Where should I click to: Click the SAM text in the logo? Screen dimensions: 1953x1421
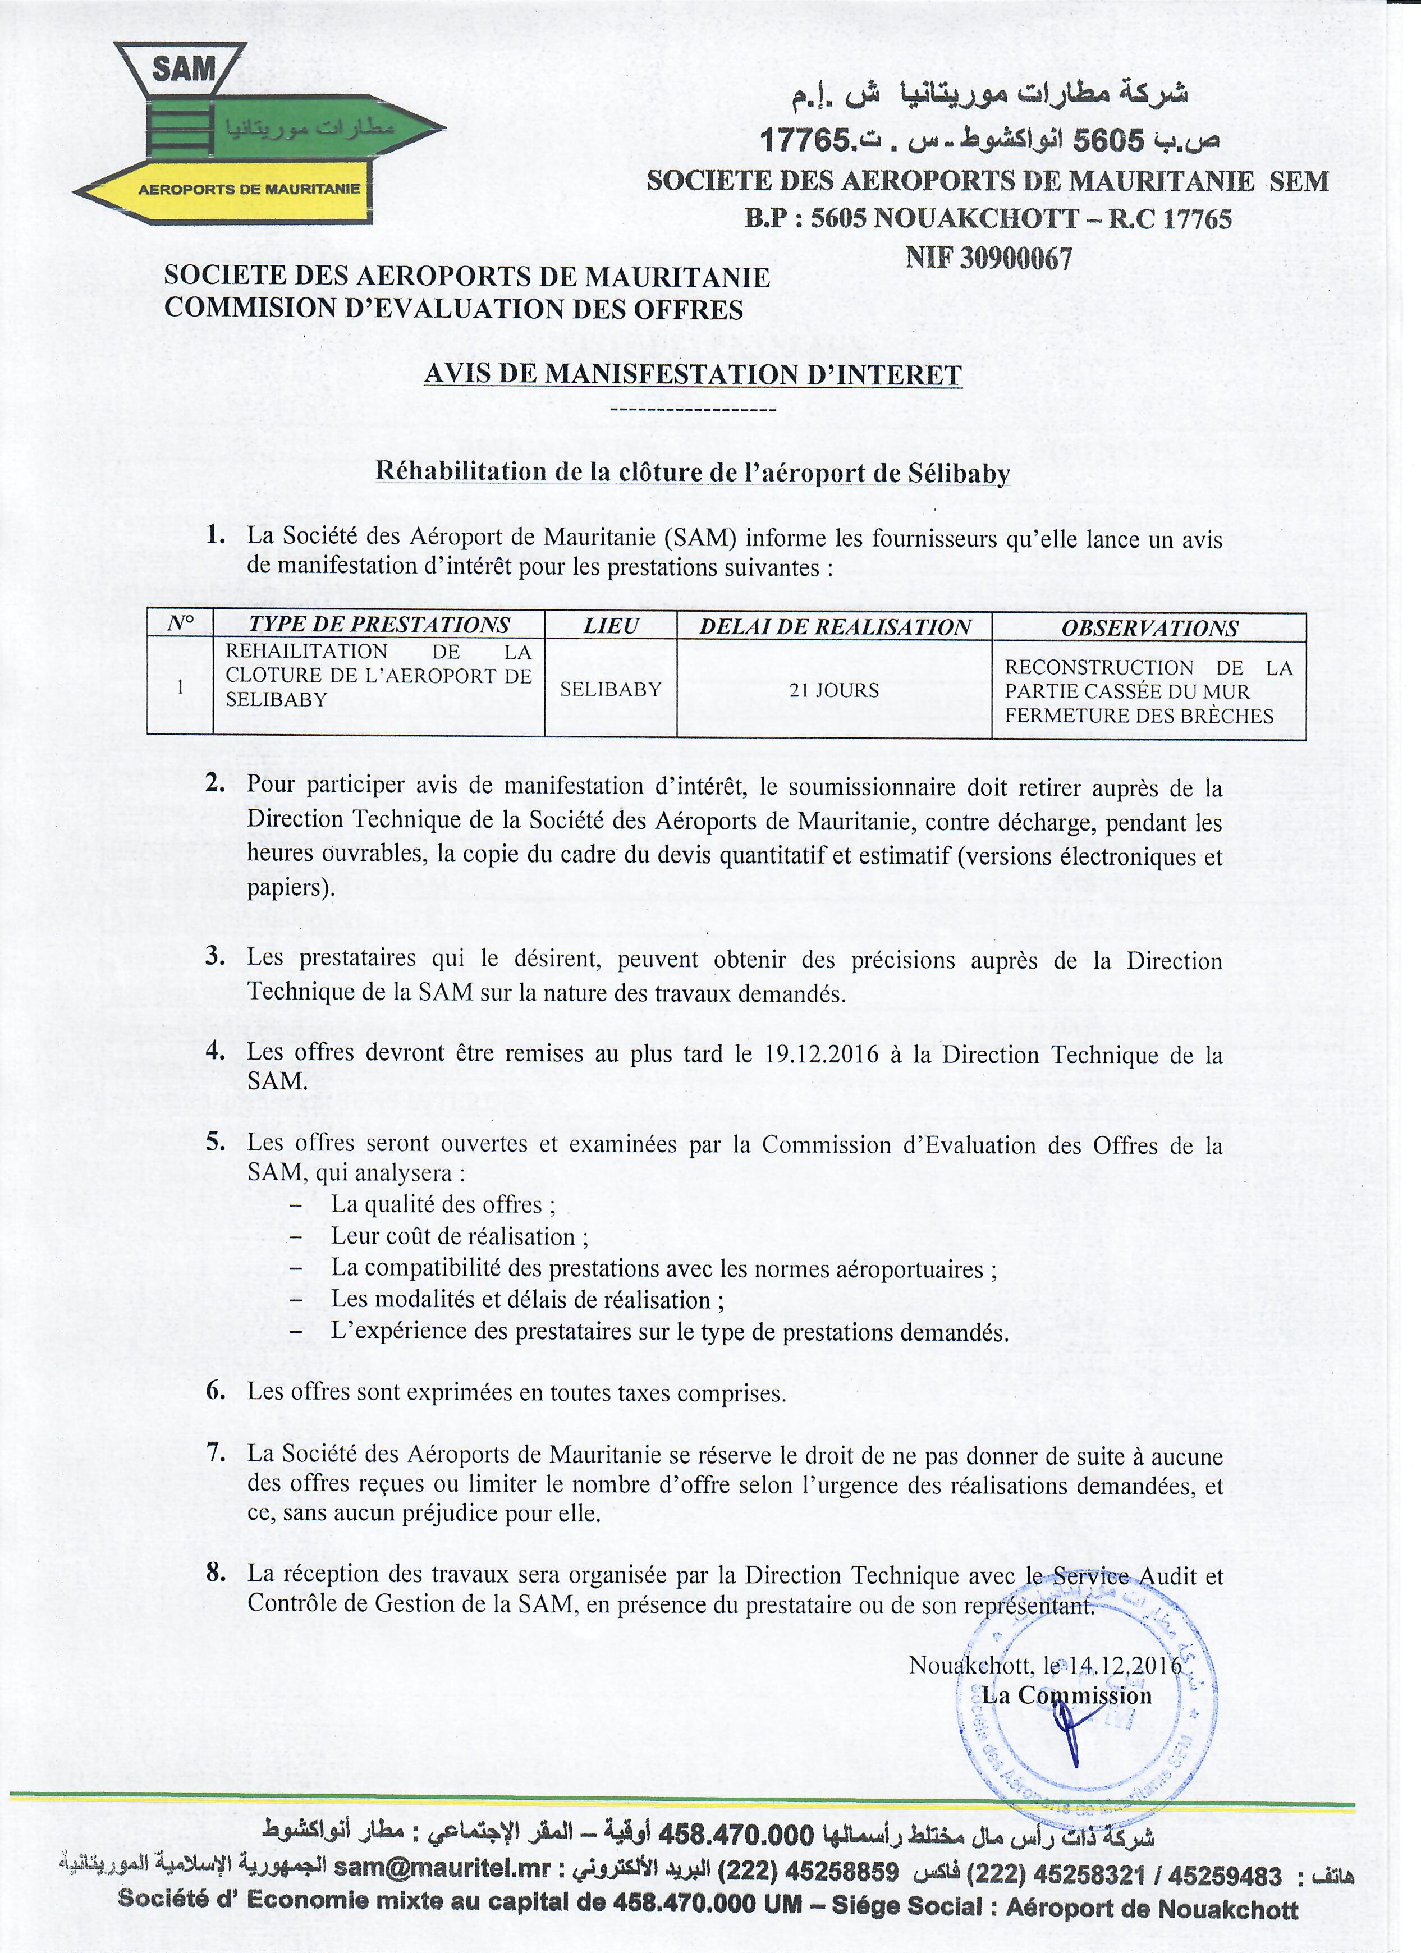pyautogui.click(x=184, y=69)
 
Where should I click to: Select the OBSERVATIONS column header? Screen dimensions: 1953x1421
pyautogui.click(x=1149, y=628)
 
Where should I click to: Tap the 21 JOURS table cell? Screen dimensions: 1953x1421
pyautogui.click(x=833, y=690)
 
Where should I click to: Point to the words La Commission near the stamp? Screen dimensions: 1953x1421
pyautogui.click(x=1066, y=1695)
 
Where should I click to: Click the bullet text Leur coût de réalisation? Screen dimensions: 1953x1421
pyautogui.click(x=459, y=1236)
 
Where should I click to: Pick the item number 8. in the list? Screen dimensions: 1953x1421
pyautogui.click(x=216, y=1573)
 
